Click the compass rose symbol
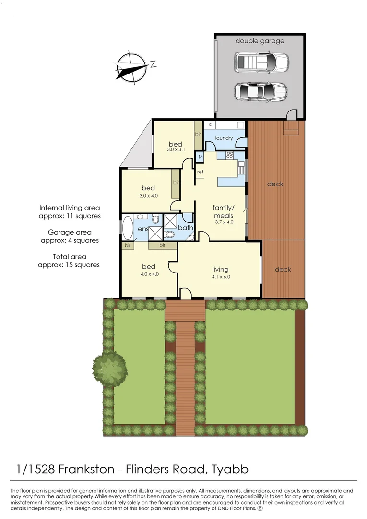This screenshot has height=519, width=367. [132, 66]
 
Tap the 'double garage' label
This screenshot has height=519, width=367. [260, 41]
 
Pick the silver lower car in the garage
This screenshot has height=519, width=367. [260, 91]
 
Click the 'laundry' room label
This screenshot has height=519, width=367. [224, 138]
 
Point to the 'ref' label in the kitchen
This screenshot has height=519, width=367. [200, 172]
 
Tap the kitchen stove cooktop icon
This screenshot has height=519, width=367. [230, 155]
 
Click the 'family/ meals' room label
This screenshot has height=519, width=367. [224, 211]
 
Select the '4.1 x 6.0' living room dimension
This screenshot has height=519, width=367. [221, 277]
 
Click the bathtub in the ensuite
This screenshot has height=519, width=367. [127, 227]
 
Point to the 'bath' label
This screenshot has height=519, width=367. [186, 227]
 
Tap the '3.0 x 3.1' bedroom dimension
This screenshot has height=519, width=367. [176, 149]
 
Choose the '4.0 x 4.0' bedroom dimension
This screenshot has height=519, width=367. [150, 274]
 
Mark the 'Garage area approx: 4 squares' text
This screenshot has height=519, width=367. [70, 236]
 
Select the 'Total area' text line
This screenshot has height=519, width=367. [70, 257]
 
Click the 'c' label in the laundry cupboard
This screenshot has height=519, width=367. [210, 125]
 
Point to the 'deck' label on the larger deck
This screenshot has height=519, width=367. [275, 184]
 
